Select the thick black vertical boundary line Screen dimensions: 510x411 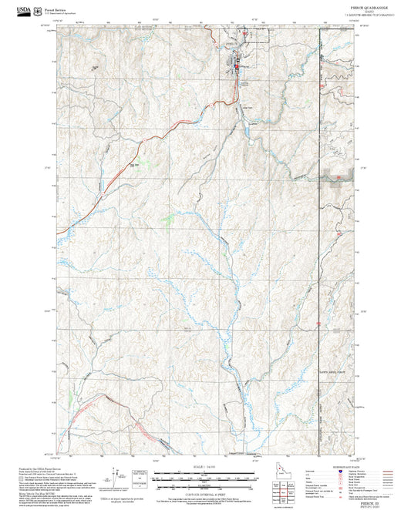[318, 231]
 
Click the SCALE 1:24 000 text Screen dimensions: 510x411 [203, 467]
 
